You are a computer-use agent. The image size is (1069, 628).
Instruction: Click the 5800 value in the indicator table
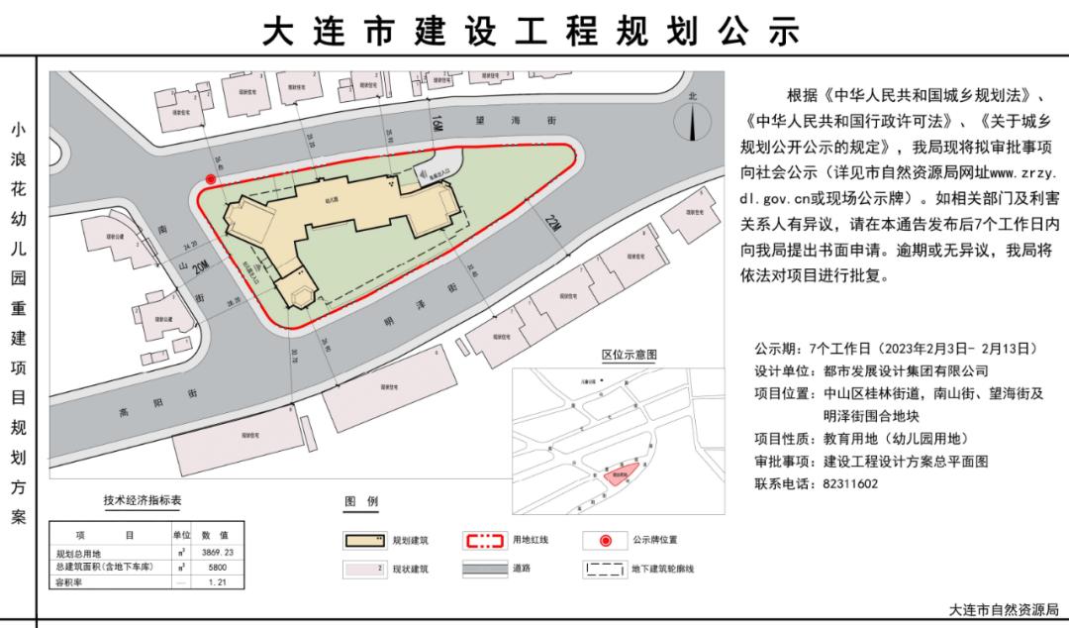[x=215, y=568]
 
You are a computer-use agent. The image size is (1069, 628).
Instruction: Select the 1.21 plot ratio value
[x=215, y=584]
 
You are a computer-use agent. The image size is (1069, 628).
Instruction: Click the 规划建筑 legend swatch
[x=364, y=541]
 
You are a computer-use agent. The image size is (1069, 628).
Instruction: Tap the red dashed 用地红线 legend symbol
[x=485, y=541]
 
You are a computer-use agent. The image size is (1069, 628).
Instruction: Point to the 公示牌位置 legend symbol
[x=606, y=541]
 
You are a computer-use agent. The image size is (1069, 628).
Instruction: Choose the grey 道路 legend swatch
[x=485, y=570]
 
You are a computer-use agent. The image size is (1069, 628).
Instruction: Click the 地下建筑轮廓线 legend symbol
[x=606, y=570]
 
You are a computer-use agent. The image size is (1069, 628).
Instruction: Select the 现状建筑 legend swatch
[x=364, y=570]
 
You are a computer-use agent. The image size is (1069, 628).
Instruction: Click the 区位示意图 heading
[x=630, y=355]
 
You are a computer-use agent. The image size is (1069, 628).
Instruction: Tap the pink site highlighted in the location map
[x=622, y=473]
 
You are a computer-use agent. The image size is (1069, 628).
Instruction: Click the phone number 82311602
[x=850, y=484]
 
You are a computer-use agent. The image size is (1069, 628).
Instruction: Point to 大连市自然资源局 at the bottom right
[x=1004, y=610]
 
